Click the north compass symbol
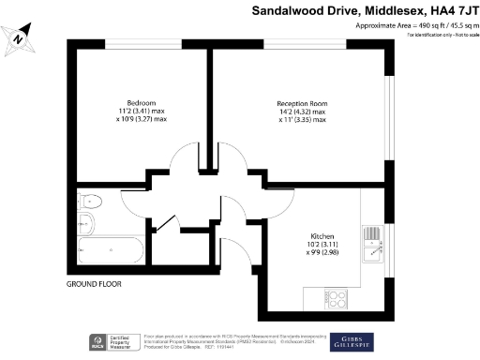[x=20, y=38]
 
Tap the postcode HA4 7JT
[x=444, y=9]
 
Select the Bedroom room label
[x=141, y=101]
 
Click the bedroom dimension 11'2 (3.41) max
[x=142, y=111]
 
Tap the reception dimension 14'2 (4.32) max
[x=302, y=111]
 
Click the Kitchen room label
[x=322, y=236]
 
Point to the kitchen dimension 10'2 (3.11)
[x=322, y=246]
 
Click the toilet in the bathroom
[x=90, y=200]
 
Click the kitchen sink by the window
[x=374, y=241]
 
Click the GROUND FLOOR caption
[x=94, y=283]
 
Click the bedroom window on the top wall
[x=141, y=44]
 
